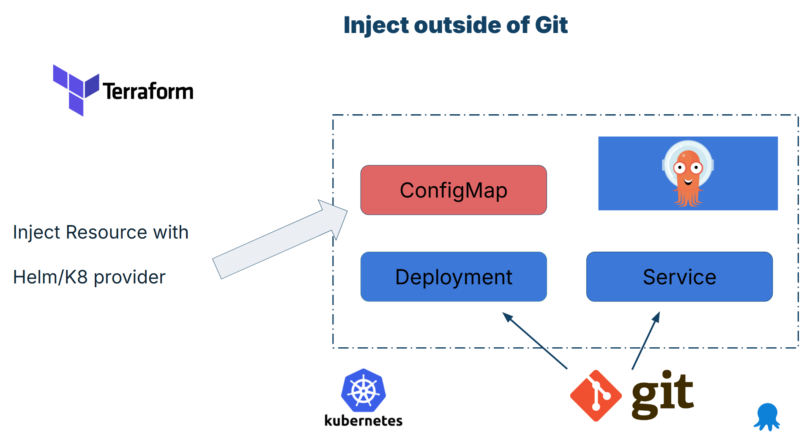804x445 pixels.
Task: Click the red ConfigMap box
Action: (x=453, y=190)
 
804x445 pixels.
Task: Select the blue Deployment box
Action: (x=453, y=277)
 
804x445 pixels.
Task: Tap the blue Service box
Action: (x=679, y=277)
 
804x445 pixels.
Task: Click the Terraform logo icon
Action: (x=76, y=89)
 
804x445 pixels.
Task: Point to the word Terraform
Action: (x=148, y=91)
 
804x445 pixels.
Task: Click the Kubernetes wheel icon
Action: (x=363, y=390)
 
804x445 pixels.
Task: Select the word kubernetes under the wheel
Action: (x=363, y=420)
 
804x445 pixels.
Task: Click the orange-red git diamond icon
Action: (x=596, y=396)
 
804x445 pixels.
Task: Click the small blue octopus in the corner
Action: (x=767, y=417)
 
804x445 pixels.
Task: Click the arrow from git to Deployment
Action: (x=535, y=341)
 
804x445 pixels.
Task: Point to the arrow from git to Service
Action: (x=646, y=341)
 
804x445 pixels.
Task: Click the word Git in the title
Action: (x=551, y=25)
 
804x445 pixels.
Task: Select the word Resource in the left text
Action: (x=106, y=232)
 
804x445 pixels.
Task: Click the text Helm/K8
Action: (x=50, y=277)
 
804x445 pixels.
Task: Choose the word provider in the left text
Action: (x=129, y=277)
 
